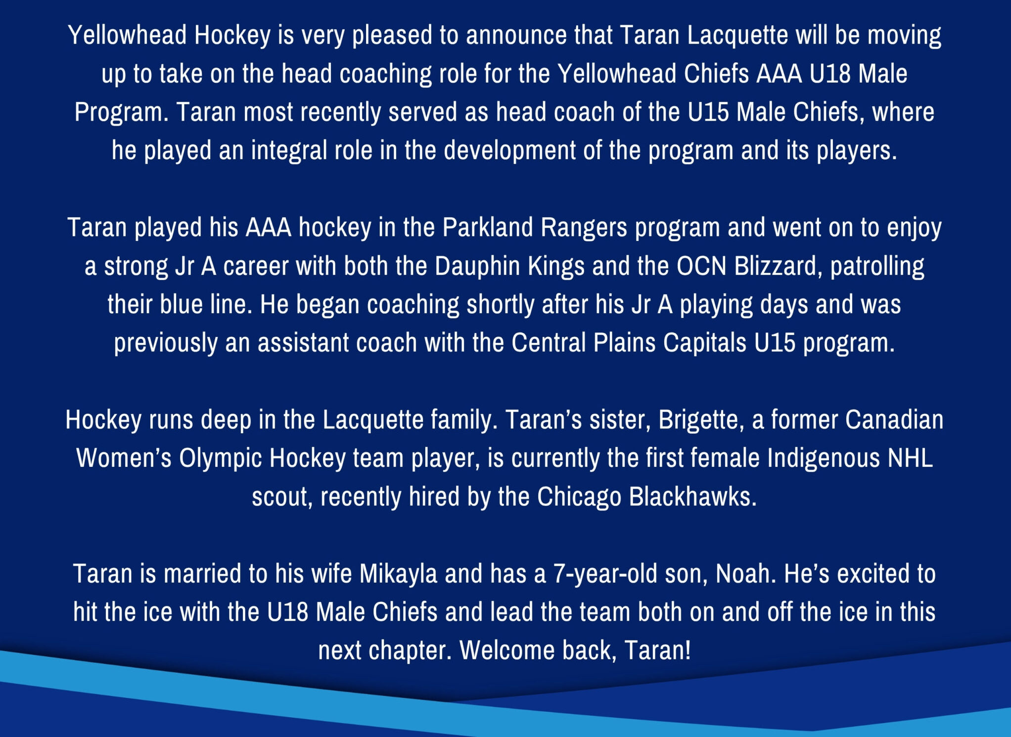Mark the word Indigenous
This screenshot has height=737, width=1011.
point(824,459)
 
